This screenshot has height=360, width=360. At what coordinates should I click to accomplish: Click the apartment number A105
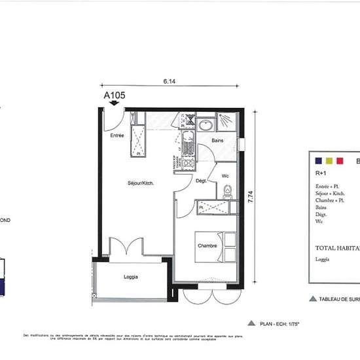[115, 94]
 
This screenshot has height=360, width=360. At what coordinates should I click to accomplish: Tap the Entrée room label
[117, 135]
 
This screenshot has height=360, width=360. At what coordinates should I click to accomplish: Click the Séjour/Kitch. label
[141, 183]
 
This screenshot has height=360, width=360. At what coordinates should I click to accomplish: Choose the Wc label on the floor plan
[225, 175]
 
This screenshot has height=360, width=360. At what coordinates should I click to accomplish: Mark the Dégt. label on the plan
[202, 181]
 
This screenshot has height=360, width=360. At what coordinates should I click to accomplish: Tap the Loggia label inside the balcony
[131, 278]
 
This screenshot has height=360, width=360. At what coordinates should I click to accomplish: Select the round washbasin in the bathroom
[205, 124]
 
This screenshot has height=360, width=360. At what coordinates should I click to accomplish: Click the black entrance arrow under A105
[115, 103]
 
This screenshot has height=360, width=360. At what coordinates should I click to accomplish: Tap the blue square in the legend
[317, 160]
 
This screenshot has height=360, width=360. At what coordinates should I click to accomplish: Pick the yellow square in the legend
[329, 160]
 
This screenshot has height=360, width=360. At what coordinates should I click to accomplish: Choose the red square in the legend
[340, 160]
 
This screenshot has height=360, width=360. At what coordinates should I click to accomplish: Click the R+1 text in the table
[321, 173]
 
